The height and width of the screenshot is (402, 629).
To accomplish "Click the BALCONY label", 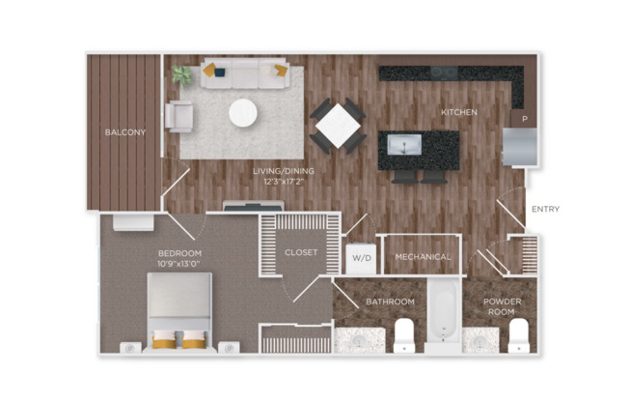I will [x=124, y=131].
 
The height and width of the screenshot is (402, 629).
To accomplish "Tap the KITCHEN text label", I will [x=459, y=113].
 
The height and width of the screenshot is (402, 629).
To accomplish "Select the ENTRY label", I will [x=545, y=209].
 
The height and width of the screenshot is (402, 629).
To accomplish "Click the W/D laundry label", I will [x=359, y=257].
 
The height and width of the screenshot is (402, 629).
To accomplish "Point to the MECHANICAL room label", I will [x=423, y=257].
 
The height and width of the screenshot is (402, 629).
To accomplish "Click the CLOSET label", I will [x=300, y=252].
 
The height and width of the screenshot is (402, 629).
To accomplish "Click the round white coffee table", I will [x=243, y=113].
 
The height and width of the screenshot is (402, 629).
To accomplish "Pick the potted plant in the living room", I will [x=180, y=74].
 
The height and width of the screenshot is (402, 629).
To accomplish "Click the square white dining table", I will [x=338, y=124].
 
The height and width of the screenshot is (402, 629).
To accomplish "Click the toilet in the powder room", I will [x=519, y=334].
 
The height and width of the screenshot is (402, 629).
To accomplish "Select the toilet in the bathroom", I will [x=403, y=334].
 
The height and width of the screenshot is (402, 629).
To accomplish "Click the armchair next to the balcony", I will [x=179, y=116].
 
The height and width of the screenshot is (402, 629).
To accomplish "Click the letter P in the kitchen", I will [x=525, y=119].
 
